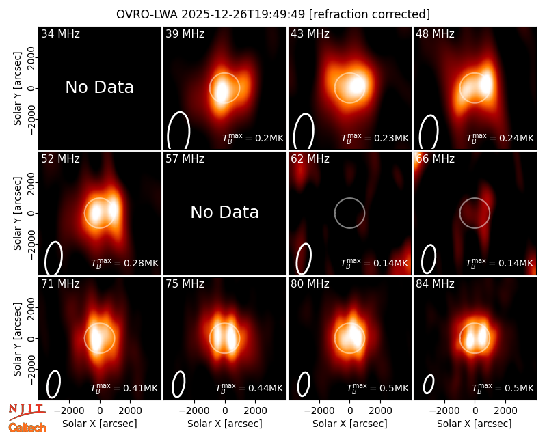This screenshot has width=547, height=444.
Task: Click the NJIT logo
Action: click(27, 412)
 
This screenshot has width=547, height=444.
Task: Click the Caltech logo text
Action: click(27, 428)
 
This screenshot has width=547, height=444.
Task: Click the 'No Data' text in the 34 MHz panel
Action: click(99, 87)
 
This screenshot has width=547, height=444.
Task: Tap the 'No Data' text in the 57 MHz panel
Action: click(225, 212)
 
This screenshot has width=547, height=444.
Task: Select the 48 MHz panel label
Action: click(435, 33)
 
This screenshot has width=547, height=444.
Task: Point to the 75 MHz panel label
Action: click(185, 283)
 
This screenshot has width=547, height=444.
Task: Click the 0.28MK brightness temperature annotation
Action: click(124, 262)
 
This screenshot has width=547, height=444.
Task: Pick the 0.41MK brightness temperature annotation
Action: click(124, 387)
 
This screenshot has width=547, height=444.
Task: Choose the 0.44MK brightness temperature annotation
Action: click(249, 387)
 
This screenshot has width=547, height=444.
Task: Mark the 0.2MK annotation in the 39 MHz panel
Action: click(253, 138)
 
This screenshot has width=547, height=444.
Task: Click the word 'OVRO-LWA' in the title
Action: click(146, 14)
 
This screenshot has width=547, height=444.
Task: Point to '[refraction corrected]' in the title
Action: click(369, 14)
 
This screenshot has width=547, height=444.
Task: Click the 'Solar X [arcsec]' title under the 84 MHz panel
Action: click(475, 424)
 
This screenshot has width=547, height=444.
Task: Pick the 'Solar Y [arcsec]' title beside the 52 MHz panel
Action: click(17, 213)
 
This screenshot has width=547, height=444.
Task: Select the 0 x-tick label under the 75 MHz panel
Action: click(225, 411)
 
